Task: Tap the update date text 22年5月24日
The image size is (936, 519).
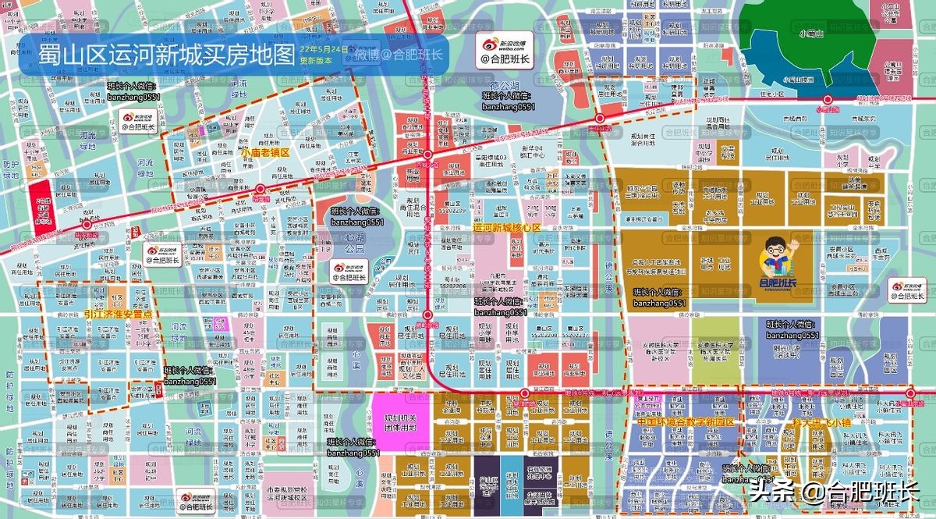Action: click(324, 49)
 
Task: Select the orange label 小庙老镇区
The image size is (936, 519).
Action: click(264, 153)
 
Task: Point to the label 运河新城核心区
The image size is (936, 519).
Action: click(506, 228)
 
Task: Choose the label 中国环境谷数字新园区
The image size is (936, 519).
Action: click(685, 421)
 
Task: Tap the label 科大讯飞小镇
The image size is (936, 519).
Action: click(818, 421)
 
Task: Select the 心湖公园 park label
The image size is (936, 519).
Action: click(355, 243)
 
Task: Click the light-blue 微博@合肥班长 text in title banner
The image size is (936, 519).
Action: click(399, 55)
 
